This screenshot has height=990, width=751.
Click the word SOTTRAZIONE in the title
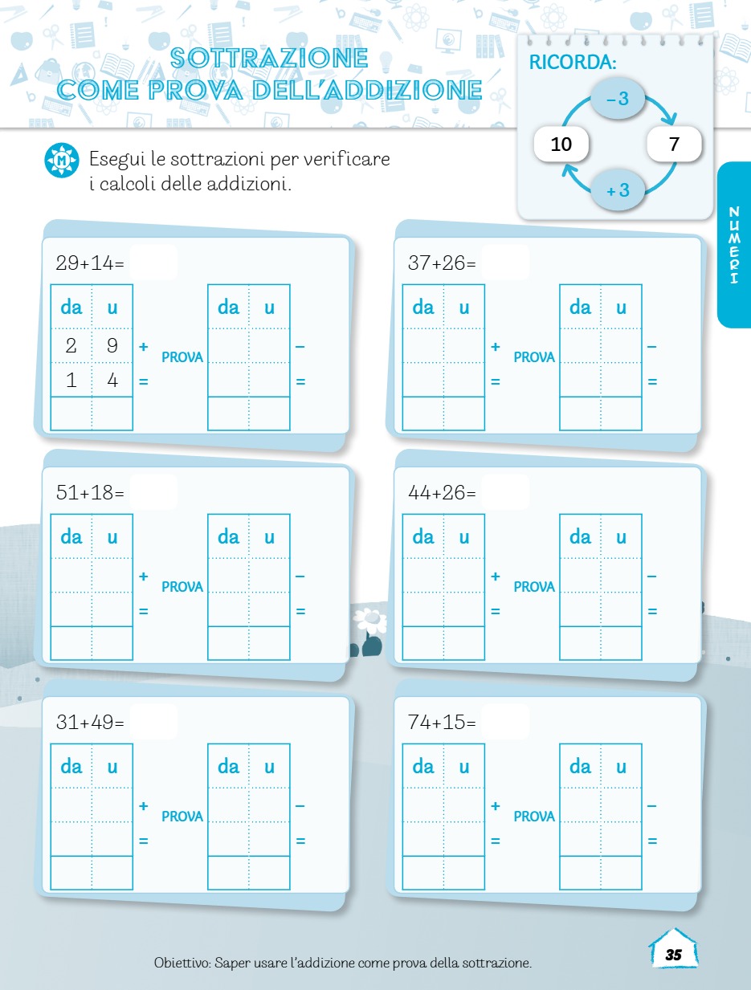point(269,58)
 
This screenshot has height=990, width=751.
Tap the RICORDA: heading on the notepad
point(573,63)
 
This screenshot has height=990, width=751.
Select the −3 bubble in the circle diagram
point(618,98)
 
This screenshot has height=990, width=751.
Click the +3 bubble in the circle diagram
point(618,189)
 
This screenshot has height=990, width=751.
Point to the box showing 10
point(561,145)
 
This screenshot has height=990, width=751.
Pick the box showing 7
point(674,145)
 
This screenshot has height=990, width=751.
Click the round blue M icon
point(62,160)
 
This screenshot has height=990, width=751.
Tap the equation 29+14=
point(90,263)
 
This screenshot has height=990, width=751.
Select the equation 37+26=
point(442,263)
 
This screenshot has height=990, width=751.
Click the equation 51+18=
point(90,492)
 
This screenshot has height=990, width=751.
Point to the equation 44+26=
point(442,492)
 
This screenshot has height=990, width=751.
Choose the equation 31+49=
point(90,722)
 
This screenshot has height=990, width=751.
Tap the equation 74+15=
point(442,722)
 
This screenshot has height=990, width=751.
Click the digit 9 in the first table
point(112,345)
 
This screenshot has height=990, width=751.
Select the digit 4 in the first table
point(112,381)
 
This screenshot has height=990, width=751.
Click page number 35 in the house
point(673,955)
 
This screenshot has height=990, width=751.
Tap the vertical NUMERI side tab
point(734,245)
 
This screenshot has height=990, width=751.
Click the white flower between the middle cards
point(370,621)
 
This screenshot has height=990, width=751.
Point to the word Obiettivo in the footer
point(182,963)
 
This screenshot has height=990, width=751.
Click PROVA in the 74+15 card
point(534,817)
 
